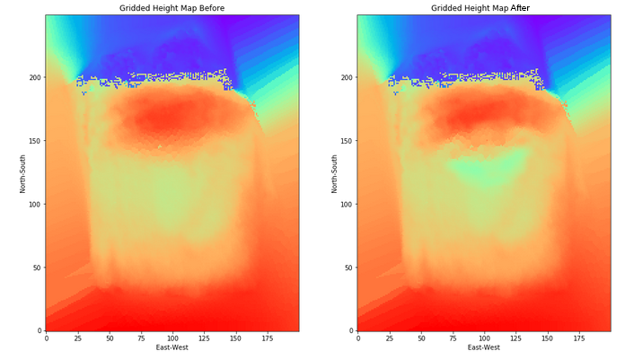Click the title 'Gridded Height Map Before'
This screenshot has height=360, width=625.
[x=172, y=8]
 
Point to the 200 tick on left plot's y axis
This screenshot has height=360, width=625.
[x=34, y=77]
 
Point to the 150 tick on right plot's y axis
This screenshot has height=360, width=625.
[x=346, y=141]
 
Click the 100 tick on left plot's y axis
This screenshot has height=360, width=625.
[x=34, y=204]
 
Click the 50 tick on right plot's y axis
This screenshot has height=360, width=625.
[x=348, y=268]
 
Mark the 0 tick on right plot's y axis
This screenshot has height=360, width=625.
[x=351, y=330]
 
